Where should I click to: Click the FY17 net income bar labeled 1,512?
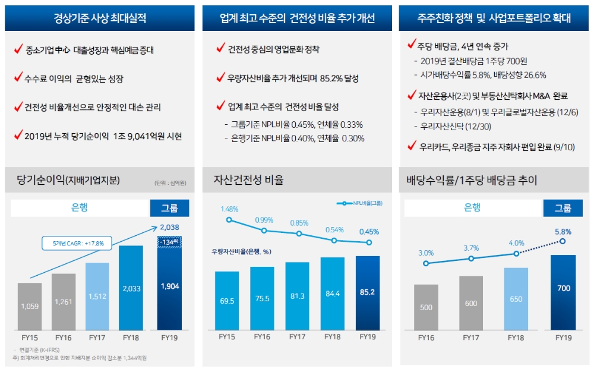(x=97, y=296)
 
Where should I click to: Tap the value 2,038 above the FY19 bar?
(x=169, y=227)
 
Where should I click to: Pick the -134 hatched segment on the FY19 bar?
(x=170, y=241)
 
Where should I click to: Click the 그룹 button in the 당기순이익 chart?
(x=170, y=208)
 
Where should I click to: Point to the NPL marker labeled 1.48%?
(x=229, y=220)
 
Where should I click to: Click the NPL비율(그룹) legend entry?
(x=359, y=203)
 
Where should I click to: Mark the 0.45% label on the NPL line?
(x=368, y=232)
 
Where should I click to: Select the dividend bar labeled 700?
(x=563, y=291)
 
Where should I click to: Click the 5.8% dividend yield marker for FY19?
(x=563, y=241)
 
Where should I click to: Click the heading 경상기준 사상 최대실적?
(x=99, y=18)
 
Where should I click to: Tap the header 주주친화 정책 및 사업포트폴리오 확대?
(x=494, y=18)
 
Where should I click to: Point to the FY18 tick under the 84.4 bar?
(x=333, y=337)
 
